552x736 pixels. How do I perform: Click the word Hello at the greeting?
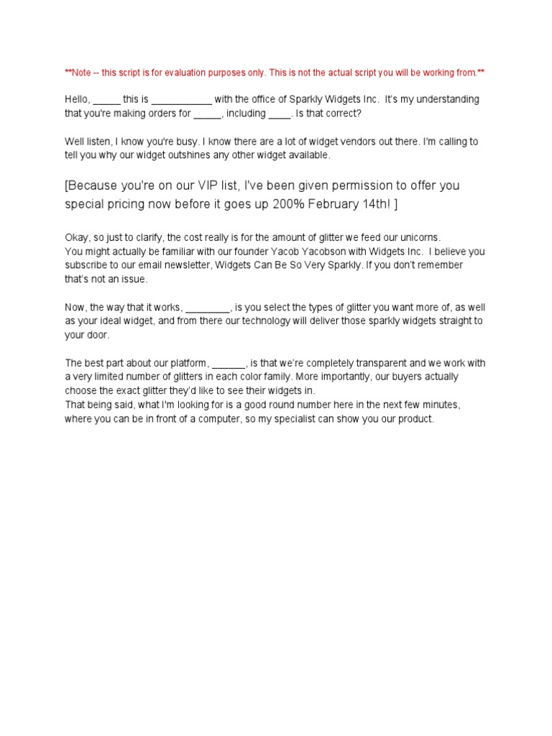tap(76, 99)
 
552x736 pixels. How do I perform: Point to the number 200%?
tap(287, 204)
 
